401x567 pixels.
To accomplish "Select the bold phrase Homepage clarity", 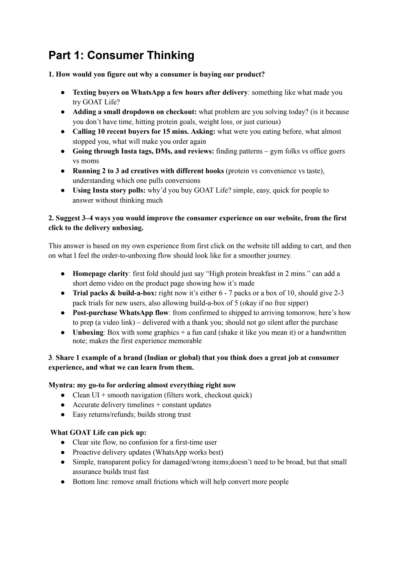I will click(x=100, y=274).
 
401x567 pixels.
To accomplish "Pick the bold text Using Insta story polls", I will click(x=109, y=190).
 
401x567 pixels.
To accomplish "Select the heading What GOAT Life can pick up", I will click(x=98, y=432).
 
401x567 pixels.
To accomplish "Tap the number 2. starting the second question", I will click(x=51, y=218).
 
